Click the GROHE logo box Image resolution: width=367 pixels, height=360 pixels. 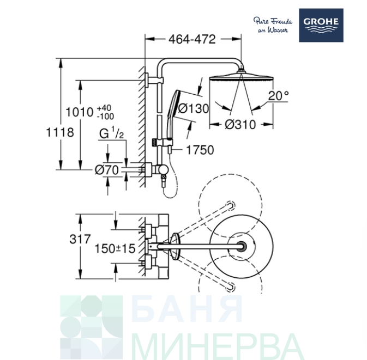(321, 25)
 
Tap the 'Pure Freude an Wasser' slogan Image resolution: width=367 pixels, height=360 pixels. (273, 25)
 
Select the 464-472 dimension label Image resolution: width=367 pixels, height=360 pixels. (192, 39)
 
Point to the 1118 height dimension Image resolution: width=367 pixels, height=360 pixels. (60, 132)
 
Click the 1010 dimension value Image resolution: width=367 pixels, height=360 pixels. (80, 112)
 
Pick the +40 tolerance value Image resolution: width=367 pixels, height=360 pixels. (104, 108)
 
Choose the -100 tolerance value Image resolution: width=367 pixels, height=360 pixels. (105, 116)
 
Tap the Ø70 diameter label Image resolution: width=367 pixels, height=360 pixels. (107, 170)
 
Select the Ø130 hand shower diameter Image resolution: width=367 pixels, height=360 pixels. (194, 108)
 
